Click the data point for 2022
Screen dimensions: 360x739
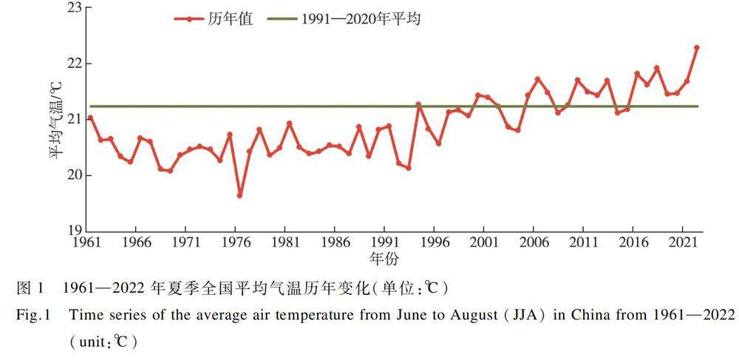[697, 47]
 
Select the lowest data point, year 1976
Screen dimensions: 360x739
[239, 195]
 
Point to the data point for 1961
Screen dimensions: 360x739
[90, 118]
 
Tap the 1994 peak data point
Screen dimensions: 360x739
[418, 104]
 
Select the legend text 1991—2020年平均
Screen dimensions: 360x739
[361, 20]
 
